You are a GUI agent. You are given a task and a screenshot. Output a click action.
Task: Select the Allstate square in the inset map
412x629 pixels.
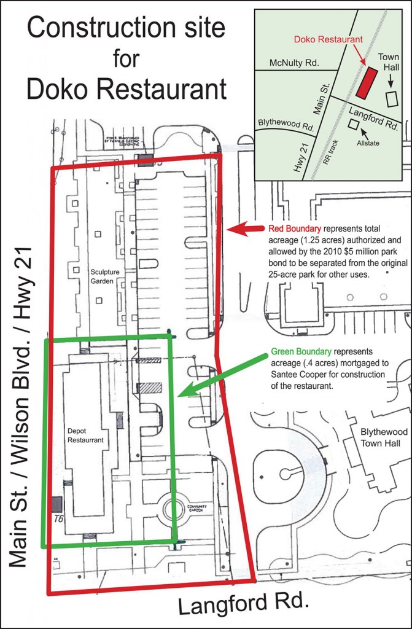click(353, 124)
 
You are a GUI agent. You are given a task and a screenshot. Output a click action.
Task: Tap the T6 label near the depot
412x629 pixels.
click(59, 519)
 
